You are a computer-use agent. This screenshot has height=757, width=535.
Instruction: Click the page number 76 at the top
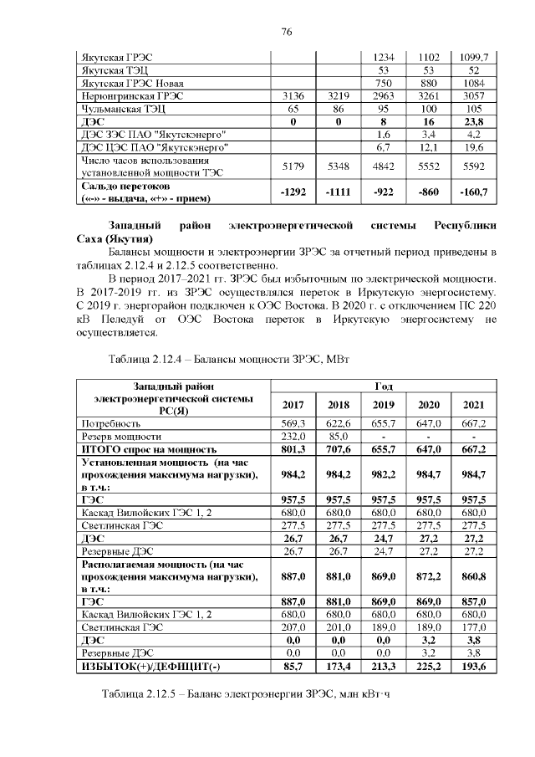[286, 33]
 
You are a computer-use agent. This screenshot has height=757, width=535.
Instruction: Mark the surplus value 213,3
[384, 665]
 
